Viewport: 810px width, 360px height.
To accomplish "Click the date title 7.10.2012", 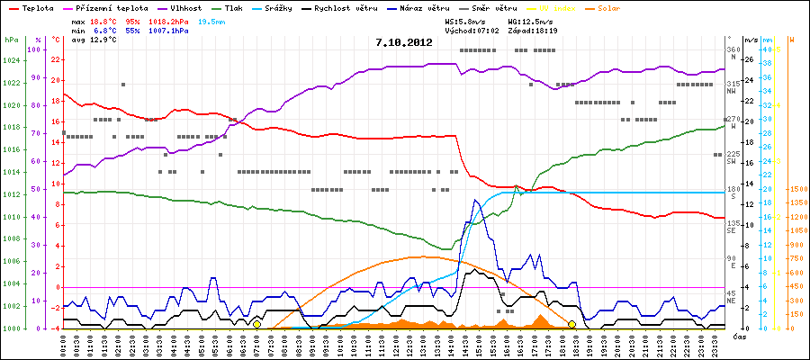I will click(x=404, y=41).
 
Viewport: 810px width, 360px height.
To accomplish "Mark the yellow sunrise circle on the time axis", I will click(x=257, y=324).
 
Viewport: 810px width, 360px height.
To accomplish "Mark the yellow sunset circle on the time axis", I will click(x=572, y=324).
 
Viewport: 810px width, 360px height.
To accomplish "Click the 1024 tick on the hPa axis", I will click(x=11, y=61).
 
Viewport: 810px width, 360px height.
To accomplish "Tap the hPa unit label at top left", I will click(x=11, y=40).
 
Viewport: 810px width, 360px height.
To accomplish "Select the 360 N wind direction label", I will click(x=732, y=53).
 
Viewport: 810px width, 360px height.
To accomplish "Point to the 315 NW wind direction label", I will click(x=732, y=86).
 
